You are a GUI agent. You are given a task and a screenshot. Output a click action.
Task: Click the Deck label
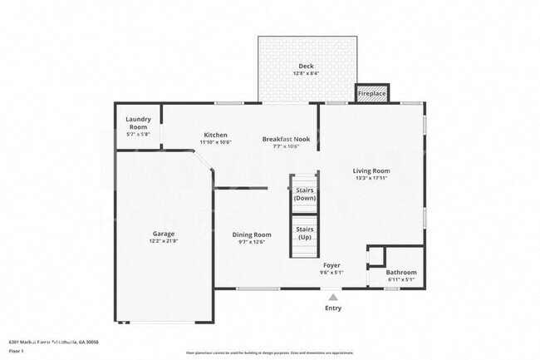[x=307, y=66]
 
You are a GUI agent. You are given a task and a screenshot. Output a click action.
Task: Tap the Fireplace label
[x=371, y=94]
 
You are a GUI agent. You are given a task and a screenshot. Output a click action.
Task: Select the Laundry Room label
[x=139, y=123]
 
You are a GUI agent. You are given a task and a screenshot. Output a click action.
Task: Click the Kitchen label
[x=215, y=135]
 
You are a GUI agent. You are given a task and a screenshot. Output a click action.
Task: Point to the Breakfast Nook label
[x=286, y=139]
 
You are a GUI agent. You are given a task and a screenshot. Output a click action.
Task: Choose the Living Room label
[x=371, y=170]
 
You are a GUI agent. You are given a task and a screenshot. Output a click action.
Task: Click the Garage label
[x=163, y=234]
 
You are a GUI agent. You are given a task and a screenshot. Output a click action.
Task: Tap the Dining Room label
[x=251, y=234]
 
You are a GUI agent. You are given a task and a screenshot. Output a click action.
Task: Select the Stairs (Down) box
[x=305, y=194]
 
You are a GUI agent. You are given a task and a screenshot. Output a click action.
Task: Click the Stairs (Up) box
[x=305, y=233]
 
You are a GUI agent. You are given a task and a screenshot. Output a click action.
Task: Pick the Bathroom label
[x=401, y=272]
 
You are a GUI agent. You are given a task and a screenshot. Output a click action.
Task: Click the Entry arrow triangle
[x=332, y=296]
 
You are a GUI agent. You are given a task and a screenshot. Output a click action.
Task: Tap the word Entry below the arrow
[x=332, y=308]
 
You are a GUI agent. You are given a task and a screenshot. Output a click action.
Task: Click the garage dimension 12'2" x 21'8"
[x=163, y=241]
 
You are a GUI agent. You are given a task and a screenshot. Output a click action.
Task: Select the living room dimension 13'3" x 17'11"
[x=371, y=178]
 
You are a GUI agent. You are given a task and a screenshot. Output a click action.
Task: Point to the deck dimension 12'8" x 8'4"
[x=307, y=73]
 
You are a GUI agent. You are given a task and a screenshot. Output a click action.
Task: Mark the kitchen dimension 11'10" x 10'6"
[x=215, y=142]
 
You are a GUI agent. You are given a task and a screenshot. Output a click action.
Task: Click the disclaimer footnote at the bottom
[x=269, y=353]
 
